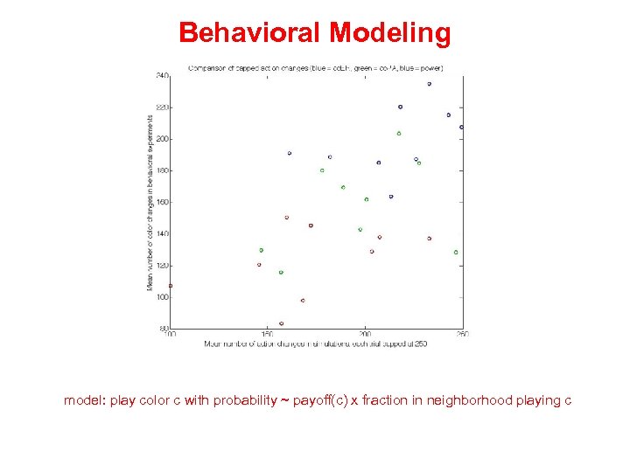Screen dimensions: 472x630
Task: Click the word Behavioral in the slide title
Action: [250, 33]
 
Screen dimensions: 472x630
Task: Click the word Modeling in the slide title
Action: [390, 33]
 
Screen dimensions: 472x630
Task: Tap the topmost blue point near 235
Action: [429, 84]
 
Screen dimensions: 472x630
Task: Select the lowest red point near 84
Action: [281, 323]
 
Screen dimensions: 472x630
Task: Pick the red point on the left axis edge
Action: [171, 285]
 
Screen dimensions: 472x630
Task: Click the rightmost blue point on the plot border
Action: [461, 127]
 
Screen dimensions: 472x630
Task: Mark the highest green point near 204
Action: [398, 134]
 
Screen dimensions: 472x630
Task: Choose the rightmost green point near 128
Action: [455, 252]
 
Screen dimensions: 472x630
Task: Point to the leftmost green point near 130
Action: [261, 250]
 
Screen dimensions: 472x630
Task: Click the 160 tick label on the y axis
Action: [163, 202]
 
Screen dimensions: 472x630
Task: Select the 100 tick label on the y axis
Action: [163, 297]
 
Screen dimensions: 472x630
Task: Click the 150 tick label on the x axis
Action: [268, 334]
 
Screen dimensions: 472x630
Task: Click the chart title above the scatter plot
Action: [316, 67]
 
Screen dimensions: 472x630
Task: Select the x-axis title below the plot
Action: [316, 344]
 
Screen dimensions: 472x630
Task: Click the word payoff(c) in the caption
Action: [319, 400]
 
